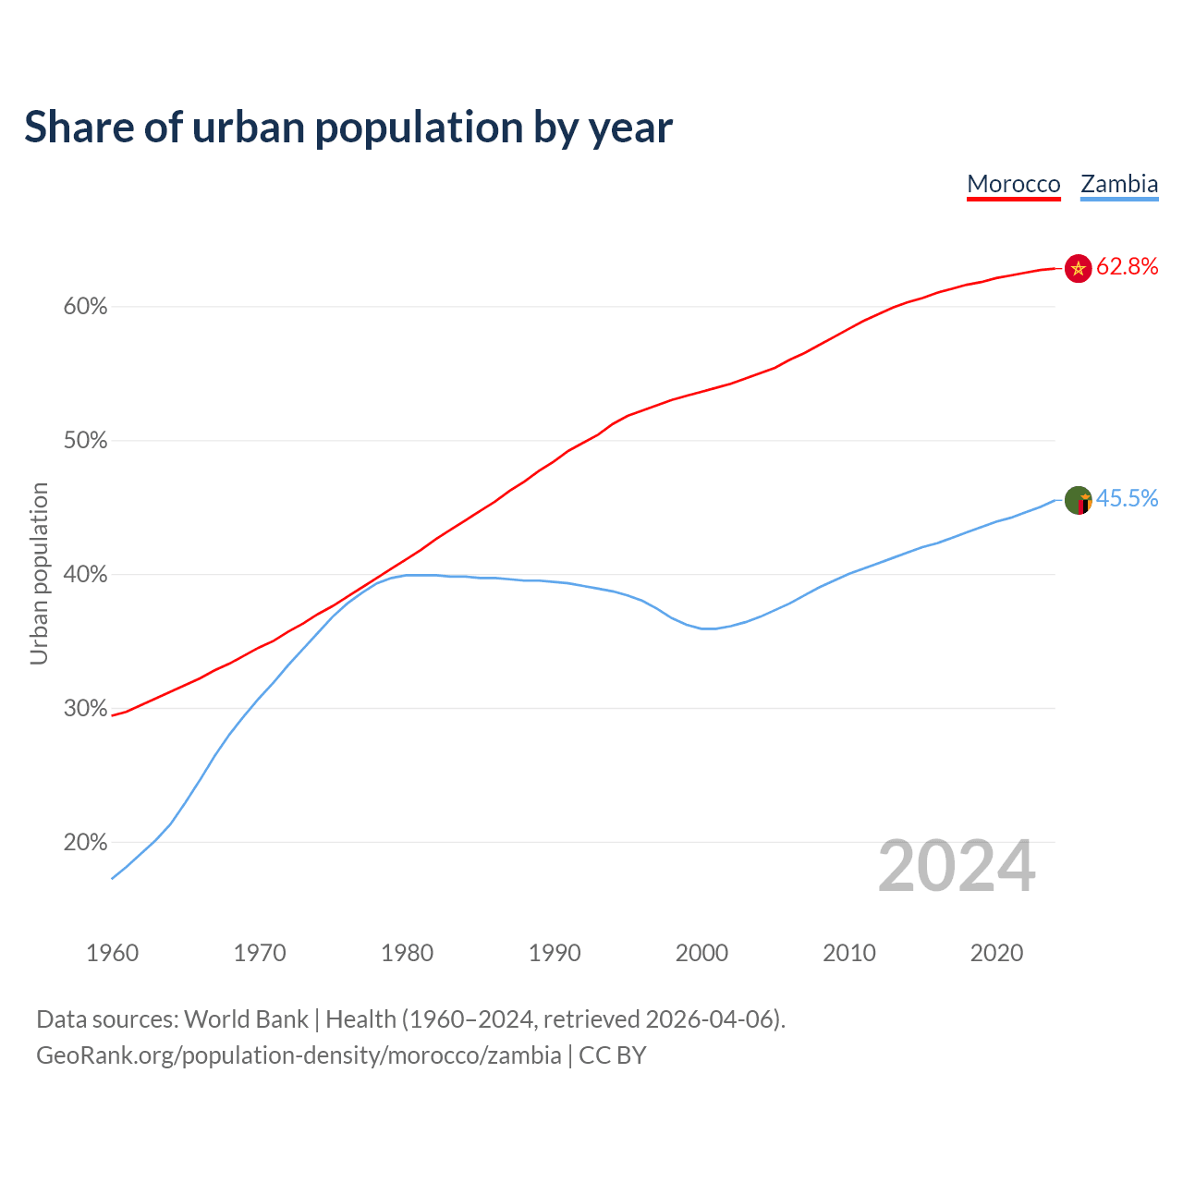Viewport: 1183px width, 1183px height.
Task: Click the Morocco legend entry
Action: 1013,184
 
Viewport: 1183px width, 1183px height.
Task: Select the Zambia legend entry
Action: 1119,184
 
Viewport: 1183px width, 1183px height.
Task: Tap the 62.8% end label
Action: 1127,267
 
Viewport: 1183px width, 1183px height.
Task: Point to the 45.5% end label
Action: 1127,499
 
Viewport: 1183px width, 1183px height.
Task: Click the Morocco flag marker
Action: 1078,268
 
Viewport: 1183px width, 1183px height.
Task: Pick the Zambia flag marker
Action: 1078,500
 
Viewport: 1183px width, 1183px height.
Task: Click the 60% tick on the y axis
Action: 85,307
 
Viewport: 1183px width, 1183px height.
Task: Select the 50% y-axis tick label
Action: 85,441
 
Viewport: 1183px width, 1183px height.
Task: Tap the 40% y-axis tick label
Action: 85,575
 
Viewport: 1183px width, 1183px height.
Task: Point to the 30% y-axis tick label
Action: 85,709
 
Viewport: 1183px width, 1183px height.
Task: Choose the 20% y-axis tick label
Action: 85,843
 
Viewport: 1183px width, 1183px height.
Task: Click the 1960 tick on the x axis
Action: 112,953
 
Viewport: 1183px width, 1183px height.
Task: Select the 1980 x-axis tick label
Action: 407,953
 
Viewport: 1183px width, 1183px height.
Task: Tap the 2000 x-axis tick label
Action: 701,953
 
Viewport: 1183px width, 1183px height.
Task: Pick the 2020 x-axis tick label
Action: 996,953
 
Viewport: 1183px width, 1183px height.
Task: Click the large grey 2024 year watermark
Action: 957,866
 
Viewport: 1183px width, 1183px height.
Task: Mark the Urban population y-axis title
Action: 39,573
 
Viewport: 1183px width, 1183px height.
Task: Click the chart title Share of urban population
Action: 348,128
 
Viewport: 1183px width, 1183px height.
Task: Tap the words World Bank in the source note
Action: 246,1019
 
